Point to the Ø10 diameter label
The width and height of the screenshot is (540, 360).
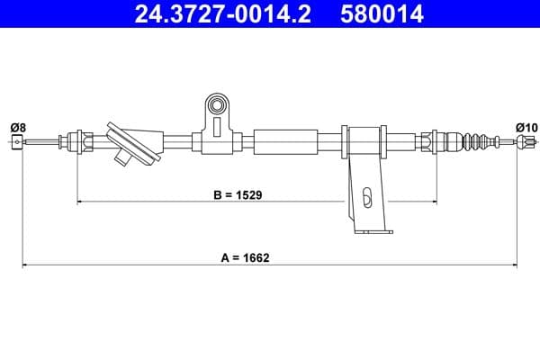pyautogui.click(x=526, y=127)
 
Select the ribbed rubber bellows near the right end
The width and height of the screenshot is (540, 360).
pyautogui.click(x=477, y=142)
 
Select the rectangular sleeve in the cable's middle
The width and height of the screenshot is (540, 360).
pyautogui.click(x=286, y=141)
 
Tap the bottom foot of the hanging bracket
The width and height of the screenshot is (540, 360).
pyautogui.click(x=372, y=231)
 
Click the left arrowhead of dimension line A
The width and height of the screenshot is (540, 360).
pyautogui.click(x=25, y=265)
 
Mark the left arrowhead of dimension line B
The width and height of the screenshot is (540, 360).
pyautogui.click(x=81, y=202)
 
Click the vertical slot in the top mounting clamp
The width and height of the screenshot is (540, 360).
pyautogui.click(x=216, y=125)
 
